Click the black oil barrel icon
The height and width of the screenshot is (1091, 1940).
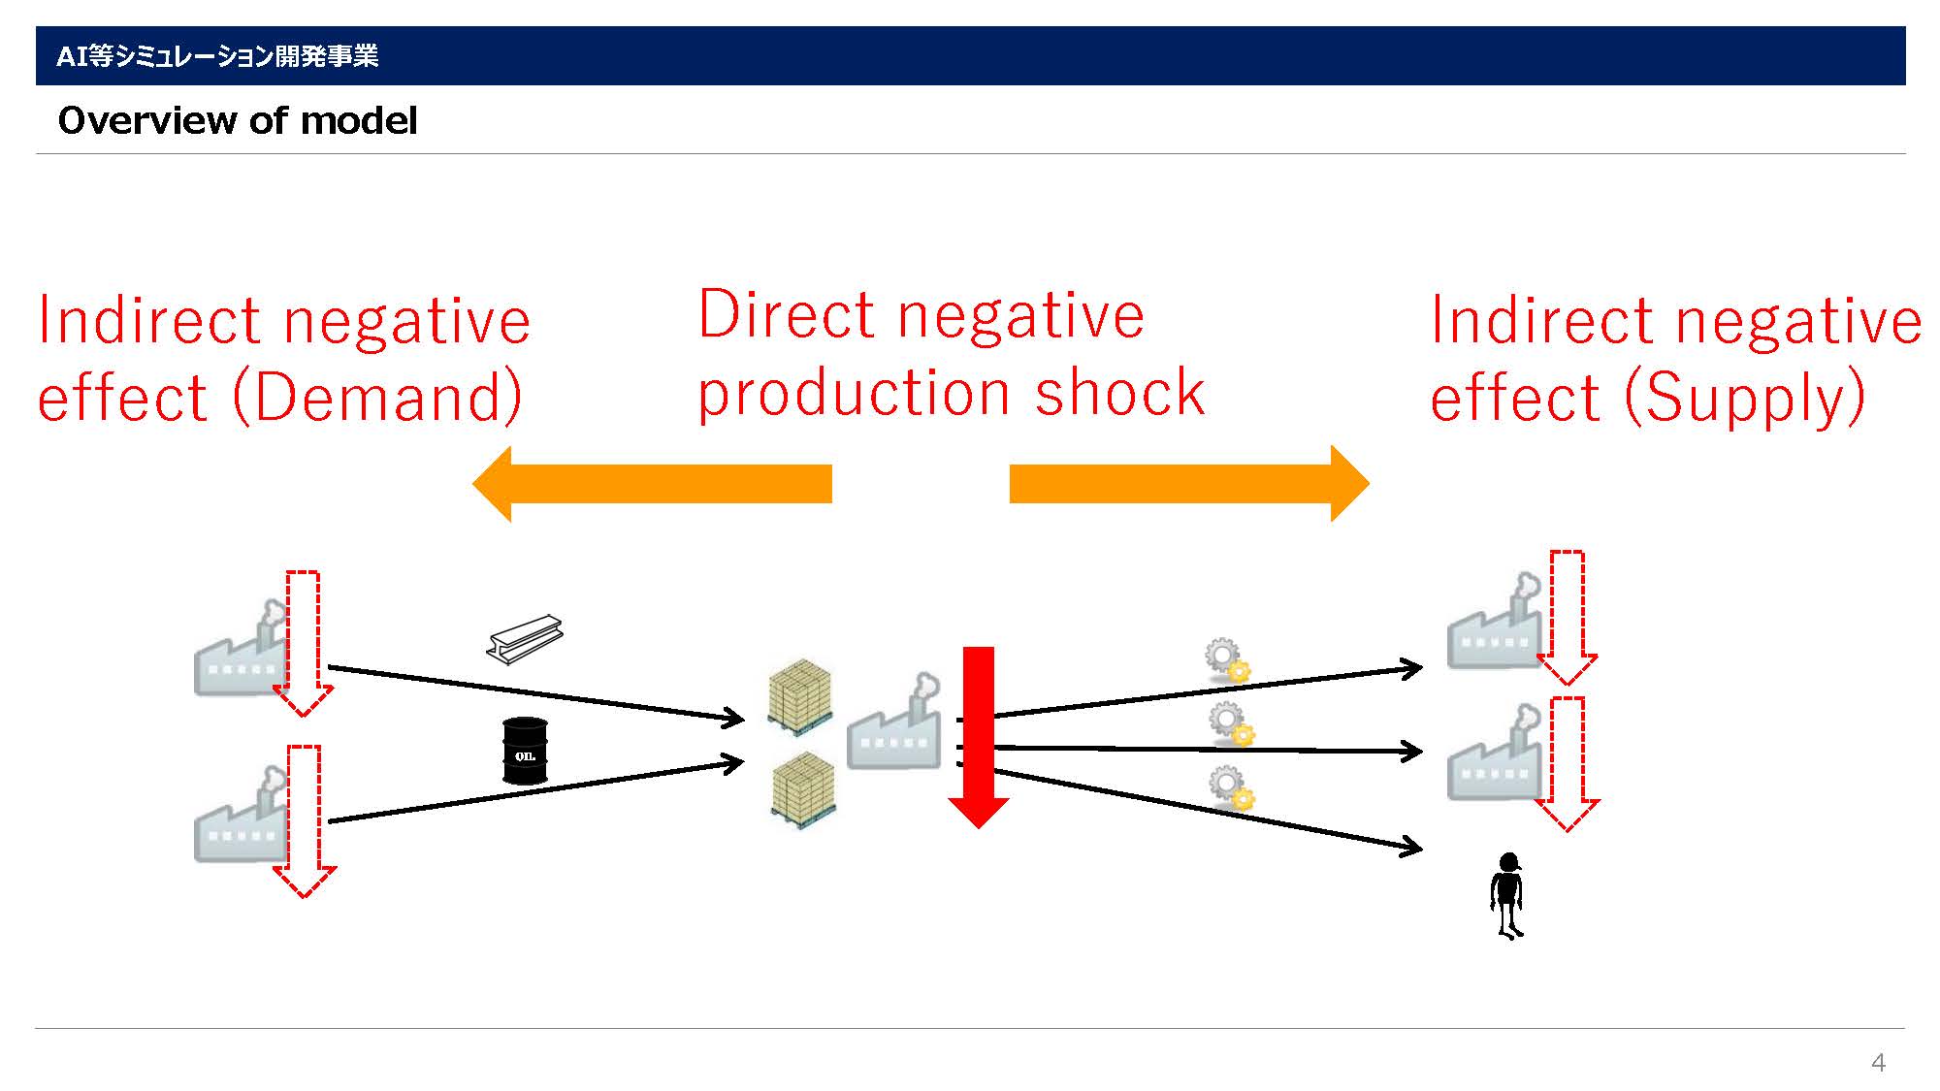click(525, 751)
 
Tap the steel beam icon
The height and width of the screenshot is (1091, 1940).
click(525, 640)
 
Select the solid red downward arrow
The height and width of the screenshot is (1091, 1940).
click(979, 737)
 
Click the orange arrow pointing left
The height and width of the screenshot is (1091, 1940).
click(652, 484)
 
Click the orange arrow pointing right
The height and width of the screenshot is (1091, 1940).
click(1189, 484)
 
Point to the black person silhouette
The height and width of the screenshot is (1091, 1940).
click(1507, 896)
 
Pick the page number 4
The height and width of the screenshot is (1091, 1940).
click(1878, 1063)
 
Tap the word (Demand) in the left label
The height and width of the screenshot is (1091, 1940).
click(377, 398)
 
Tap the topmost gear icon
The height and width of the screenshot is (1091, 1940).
click(1227, 660)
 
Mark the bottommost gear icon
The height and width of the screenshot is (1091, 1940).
click(1231, 787)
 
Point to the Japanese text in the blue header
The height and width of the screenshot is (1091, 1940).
click(217, 56)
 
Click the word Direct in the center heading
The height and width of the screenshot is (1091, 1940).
click(789, 315)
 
